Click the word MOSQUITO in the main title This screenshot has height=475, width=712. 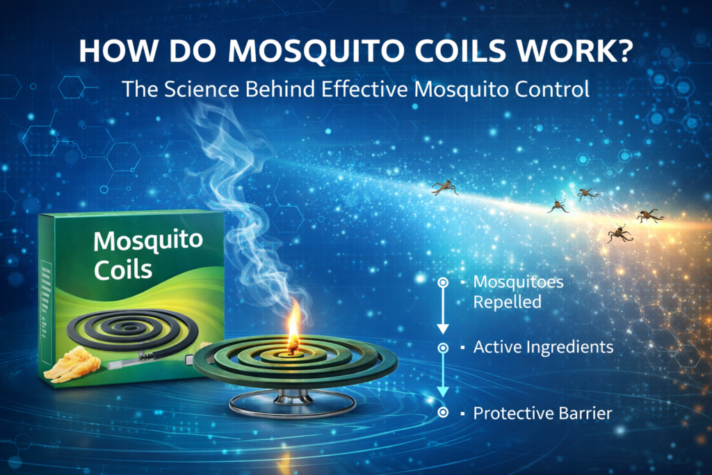[x=316, y=50]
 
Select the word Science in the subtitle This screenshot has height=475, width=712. [x=201, y=89]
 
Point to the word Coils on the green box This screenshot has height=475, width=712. [x=122, y=270]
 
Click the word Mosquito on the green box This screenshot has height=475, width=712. [x=148, y=241]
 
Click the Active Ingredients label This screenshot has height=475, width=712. [x=543, y=348]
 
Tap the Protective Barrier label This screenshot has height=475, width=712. [x=542, y=413]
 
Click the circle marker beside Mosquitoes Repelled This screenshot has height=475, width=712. [x=443, y=282]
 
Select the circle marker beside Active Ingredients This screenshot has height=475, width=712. [x=443, y=348]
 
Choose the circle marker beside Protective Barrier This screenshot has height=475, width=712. [x=443, y=412]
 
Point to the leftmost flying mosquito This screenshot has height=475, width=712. [x=444, y=187]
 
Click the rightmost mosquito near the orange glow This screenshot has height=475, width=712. [x=650, y=216]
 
